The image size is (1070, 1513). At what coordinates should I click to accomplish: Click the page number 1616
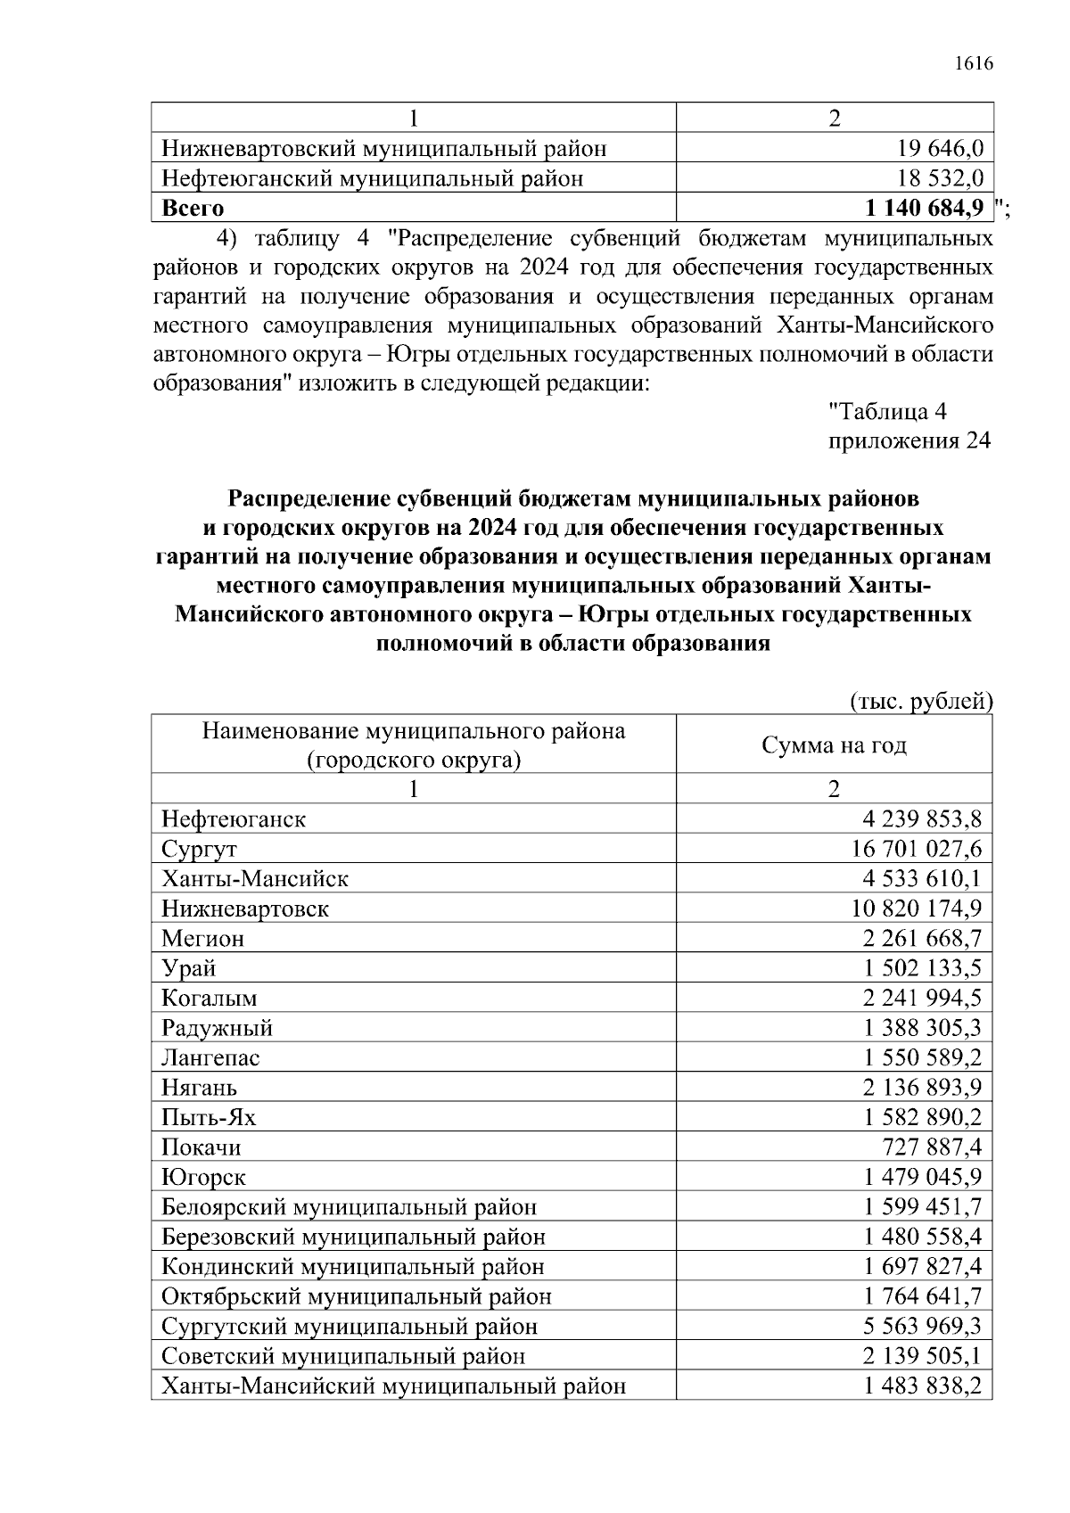pos(973,64)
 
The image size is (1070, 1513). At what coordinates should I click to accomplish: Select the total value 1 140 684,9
pos(924,209)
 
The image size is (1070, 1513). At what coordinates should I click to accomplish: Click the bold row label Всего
pos(193,209)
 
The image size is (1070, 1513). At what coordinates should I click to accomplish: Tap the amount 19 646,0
pos(940,149)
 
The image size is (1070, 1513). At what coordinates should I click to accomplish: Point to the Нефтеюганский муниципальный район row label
pos(373,179)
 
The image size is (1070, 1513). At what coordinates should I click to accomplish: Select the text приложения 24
pos(909,441)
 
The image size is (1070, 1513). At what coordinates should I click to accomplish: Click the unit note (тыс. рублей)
pos(921,702)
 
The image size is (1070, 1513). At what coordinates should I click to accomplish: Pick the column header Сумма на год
pos(834,745)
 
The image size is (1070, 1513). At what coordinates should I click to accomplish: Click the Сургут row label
pos(199,849)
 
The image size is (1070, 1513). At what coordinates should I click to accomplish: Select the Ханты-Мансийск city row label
pos(255,879)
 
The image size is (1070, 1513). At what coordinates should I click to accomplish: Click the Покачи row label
pos(202,1147)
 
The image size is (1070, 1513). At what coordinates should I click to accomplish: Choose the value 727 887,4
pos(932,1147)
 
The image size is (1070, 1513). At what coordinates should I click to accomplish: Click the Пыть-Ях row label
pos(209,1117)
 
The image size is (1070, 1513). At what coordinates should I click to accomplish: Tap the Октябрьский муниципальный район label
pos(357,1296)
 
